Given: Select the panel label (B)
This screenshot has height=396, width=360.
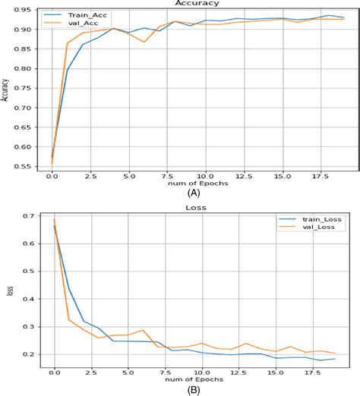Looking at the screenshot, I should click(196, 390).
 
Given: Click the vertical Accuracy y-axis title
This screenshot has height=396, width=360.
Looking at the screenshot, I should click(6, 89).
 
